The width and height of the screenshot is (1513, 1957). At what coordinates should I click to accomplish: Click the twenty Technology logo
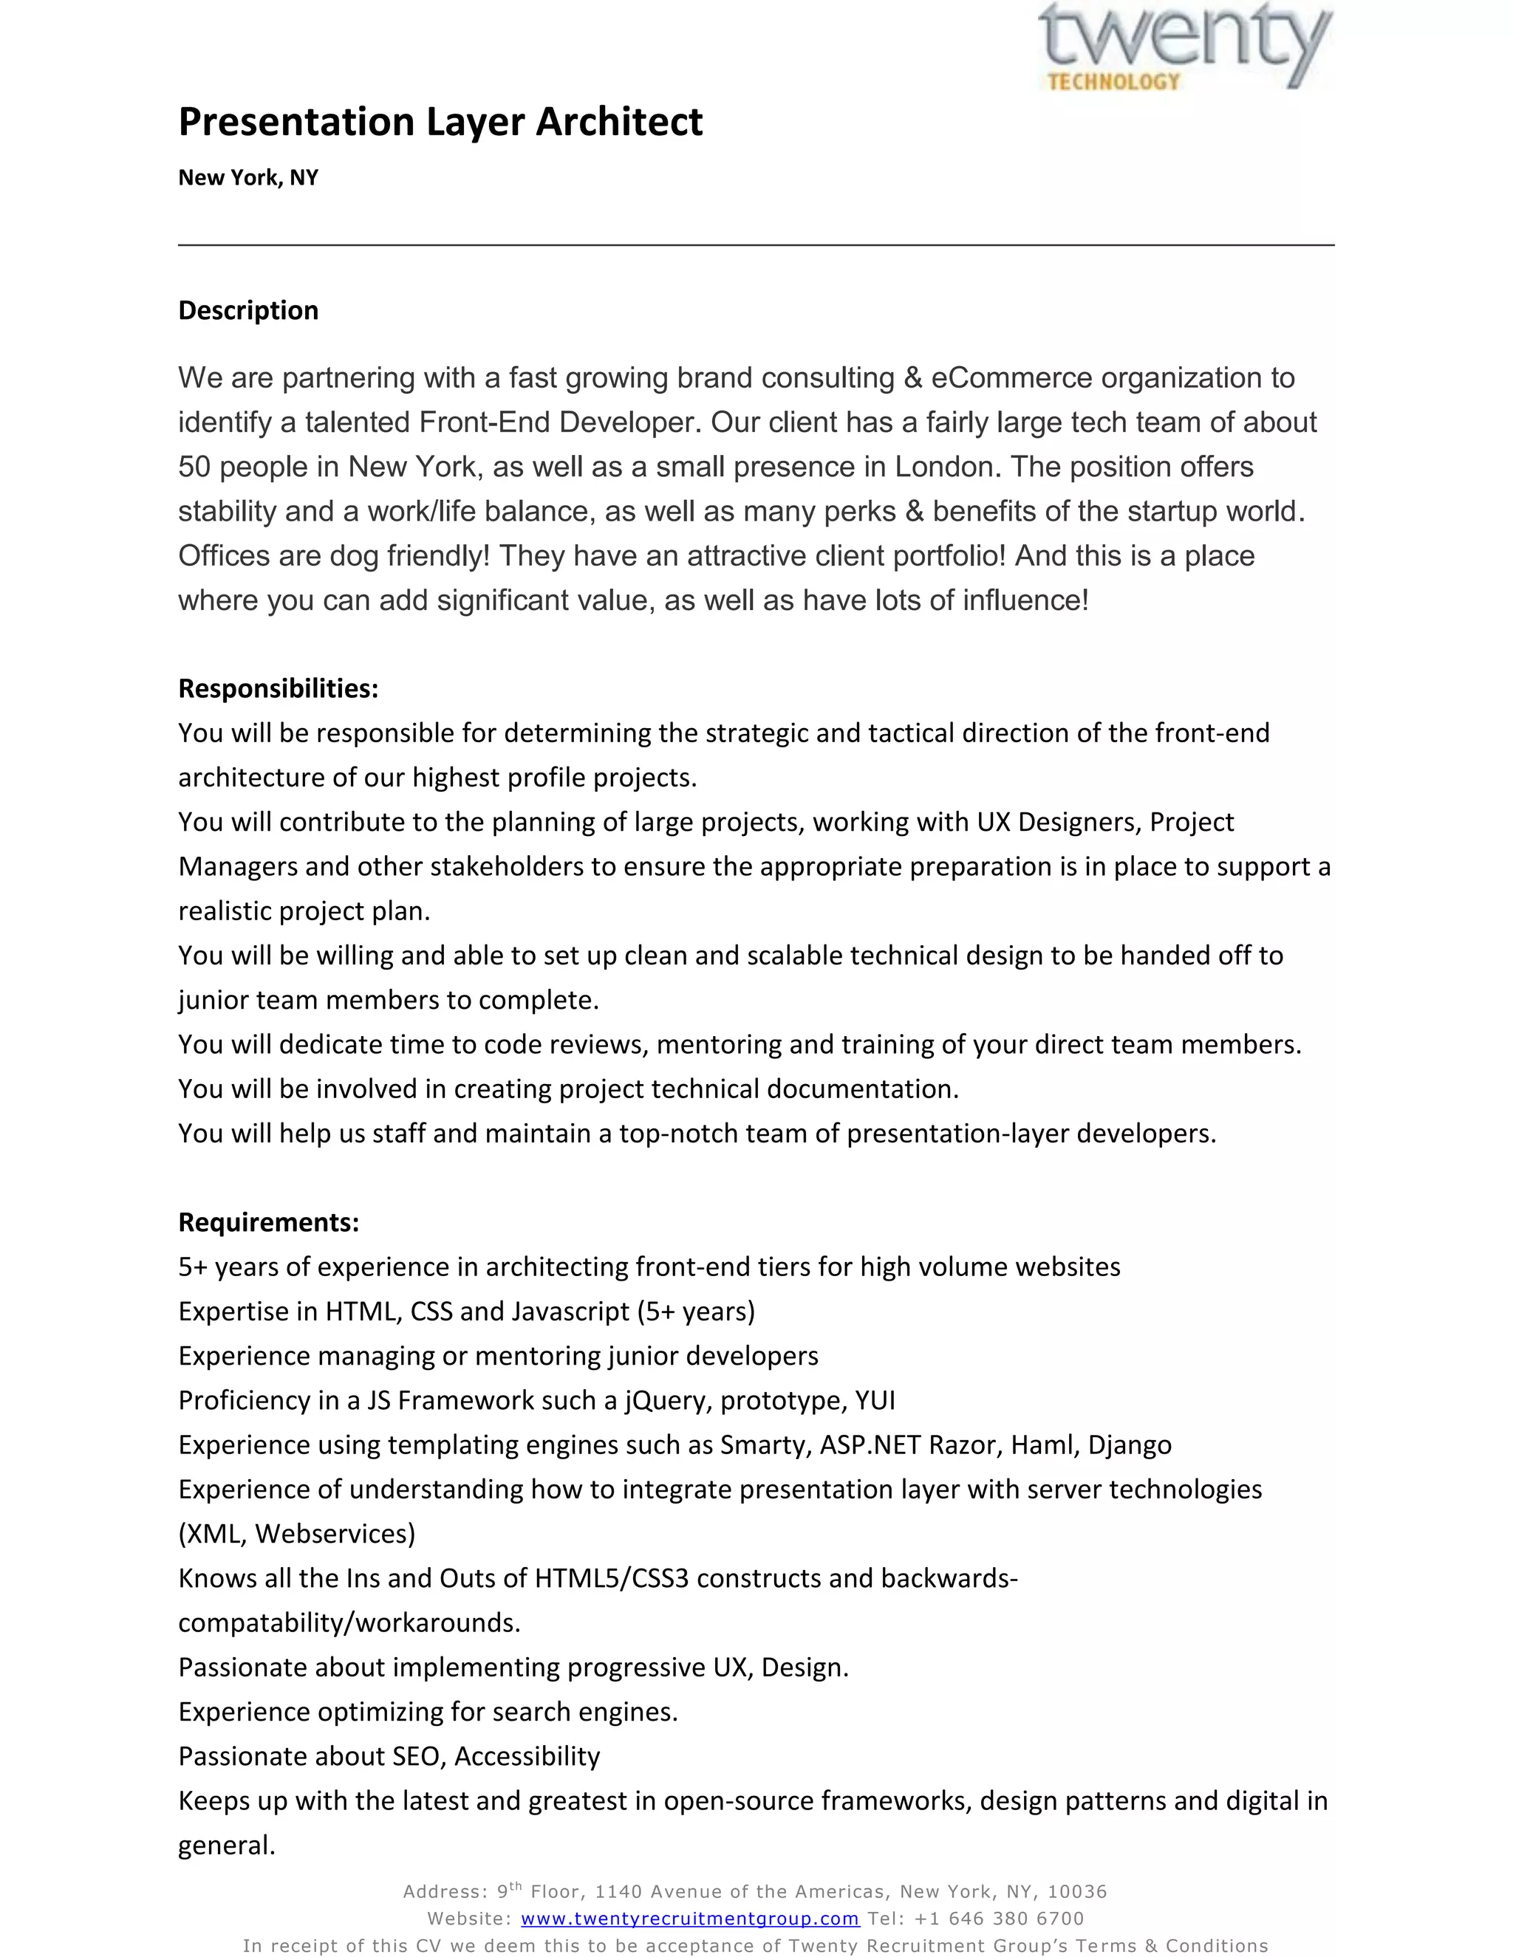[1185, 47]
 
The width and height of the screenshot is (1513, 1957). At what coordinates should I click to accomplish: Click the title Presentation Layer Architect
[440, 122]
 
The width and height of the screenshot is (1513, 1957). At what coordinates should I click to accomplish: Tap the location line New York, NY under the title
[248, 177]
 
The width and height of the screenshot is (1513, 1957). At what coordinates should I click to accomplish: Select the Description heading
[248, 310]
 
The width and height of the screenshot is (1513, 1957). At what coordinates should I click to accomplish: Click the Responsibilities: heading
[278, 688]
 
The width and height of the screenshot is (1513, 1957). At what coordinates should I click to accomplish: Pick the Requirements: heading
[268, 1222]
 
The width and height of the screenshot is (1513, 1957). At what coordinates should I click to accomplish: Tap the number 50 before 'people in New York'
[194, 467]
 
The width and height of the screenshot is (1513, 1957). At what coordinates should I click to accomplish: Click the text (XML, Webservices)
[297, 1534]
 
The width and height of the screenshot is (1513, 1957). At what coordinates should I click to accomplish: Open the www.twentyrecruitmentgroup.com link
[689, 1919]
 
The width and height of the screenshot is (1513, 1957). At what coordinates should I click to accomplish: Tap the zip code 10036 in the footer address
[1076, 1891]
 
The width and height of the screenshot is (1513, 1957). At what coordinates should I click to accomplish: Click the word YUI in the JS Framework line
[875, 1400]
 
